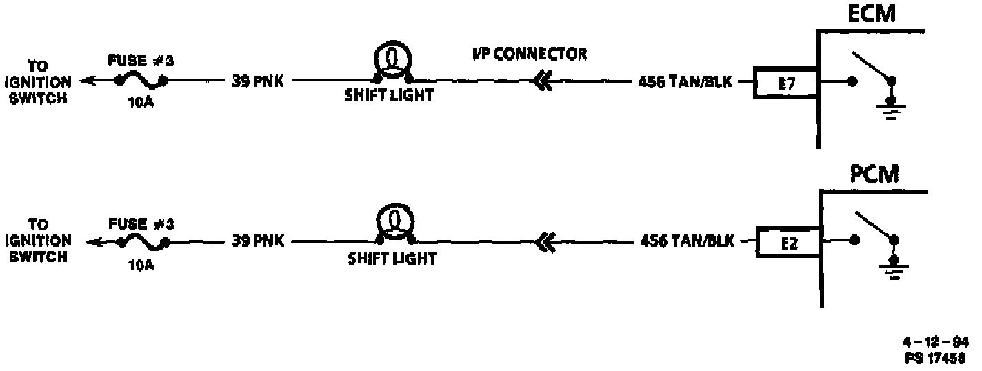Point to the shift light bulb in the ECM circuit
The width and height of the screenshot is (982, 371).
(x=392, y=59)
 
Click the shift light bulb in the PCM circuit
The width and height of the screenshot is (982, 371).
(x=395, y=221)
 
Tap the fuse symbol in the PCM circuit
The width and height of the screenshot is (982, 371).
(x=144, y=241)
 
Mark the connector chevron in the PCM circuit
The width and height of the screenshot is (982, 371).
(x=544, y=241)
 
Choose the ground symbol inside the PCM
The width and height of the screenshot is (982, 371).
(x=896, y=270)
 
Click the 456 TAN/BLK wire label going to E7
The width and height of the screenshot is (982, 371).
(x=685, y=83)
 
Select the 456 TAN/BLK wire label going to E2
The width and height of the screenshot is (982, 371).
(x=688, y=241)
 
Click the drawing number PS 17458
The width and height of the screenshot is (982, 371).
(x=936, y=358)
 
